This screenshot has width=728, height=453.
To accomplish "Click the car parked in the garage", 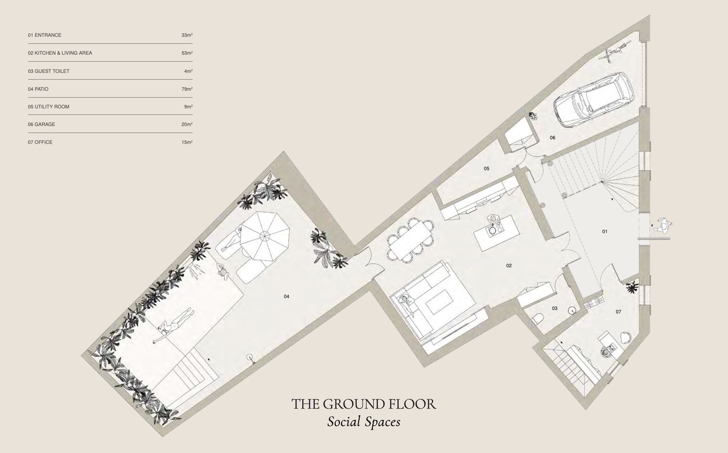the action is [x=594, y=100].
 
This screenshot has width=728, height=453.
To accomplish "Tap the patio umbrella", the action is [x=265, y=236].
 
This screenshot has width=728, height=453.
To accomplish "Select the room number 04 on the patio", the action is [x=286, y=296].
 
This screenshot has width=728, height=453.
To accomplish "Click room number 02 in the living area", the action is [x=509, y=266].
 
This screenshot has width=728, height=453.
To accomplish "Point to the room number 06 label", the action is [x=552, y=137].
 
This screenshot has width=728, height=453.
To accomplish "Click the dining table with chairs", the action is [x=410, y=239].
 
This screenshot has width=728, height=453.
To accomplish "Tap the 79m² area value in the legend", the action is [x=187, y=89].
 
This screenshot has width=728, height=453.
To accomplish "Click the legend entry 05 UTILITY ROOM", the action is [x=49, y=107].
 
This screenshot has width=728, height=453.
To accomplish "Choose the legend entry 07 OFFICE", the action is [x=40, y=142].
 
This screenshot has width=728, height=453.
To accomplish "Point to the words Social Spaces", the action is [x=364, y=422].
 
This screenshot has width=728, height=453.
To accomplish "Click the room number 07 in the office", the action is [x=618, y=312].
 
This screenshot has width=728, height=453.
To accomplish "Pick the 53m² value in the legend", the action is [x=187, y=53].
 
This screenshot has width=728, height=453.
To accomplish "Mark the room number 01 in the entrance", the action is [x=605, y=232].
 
